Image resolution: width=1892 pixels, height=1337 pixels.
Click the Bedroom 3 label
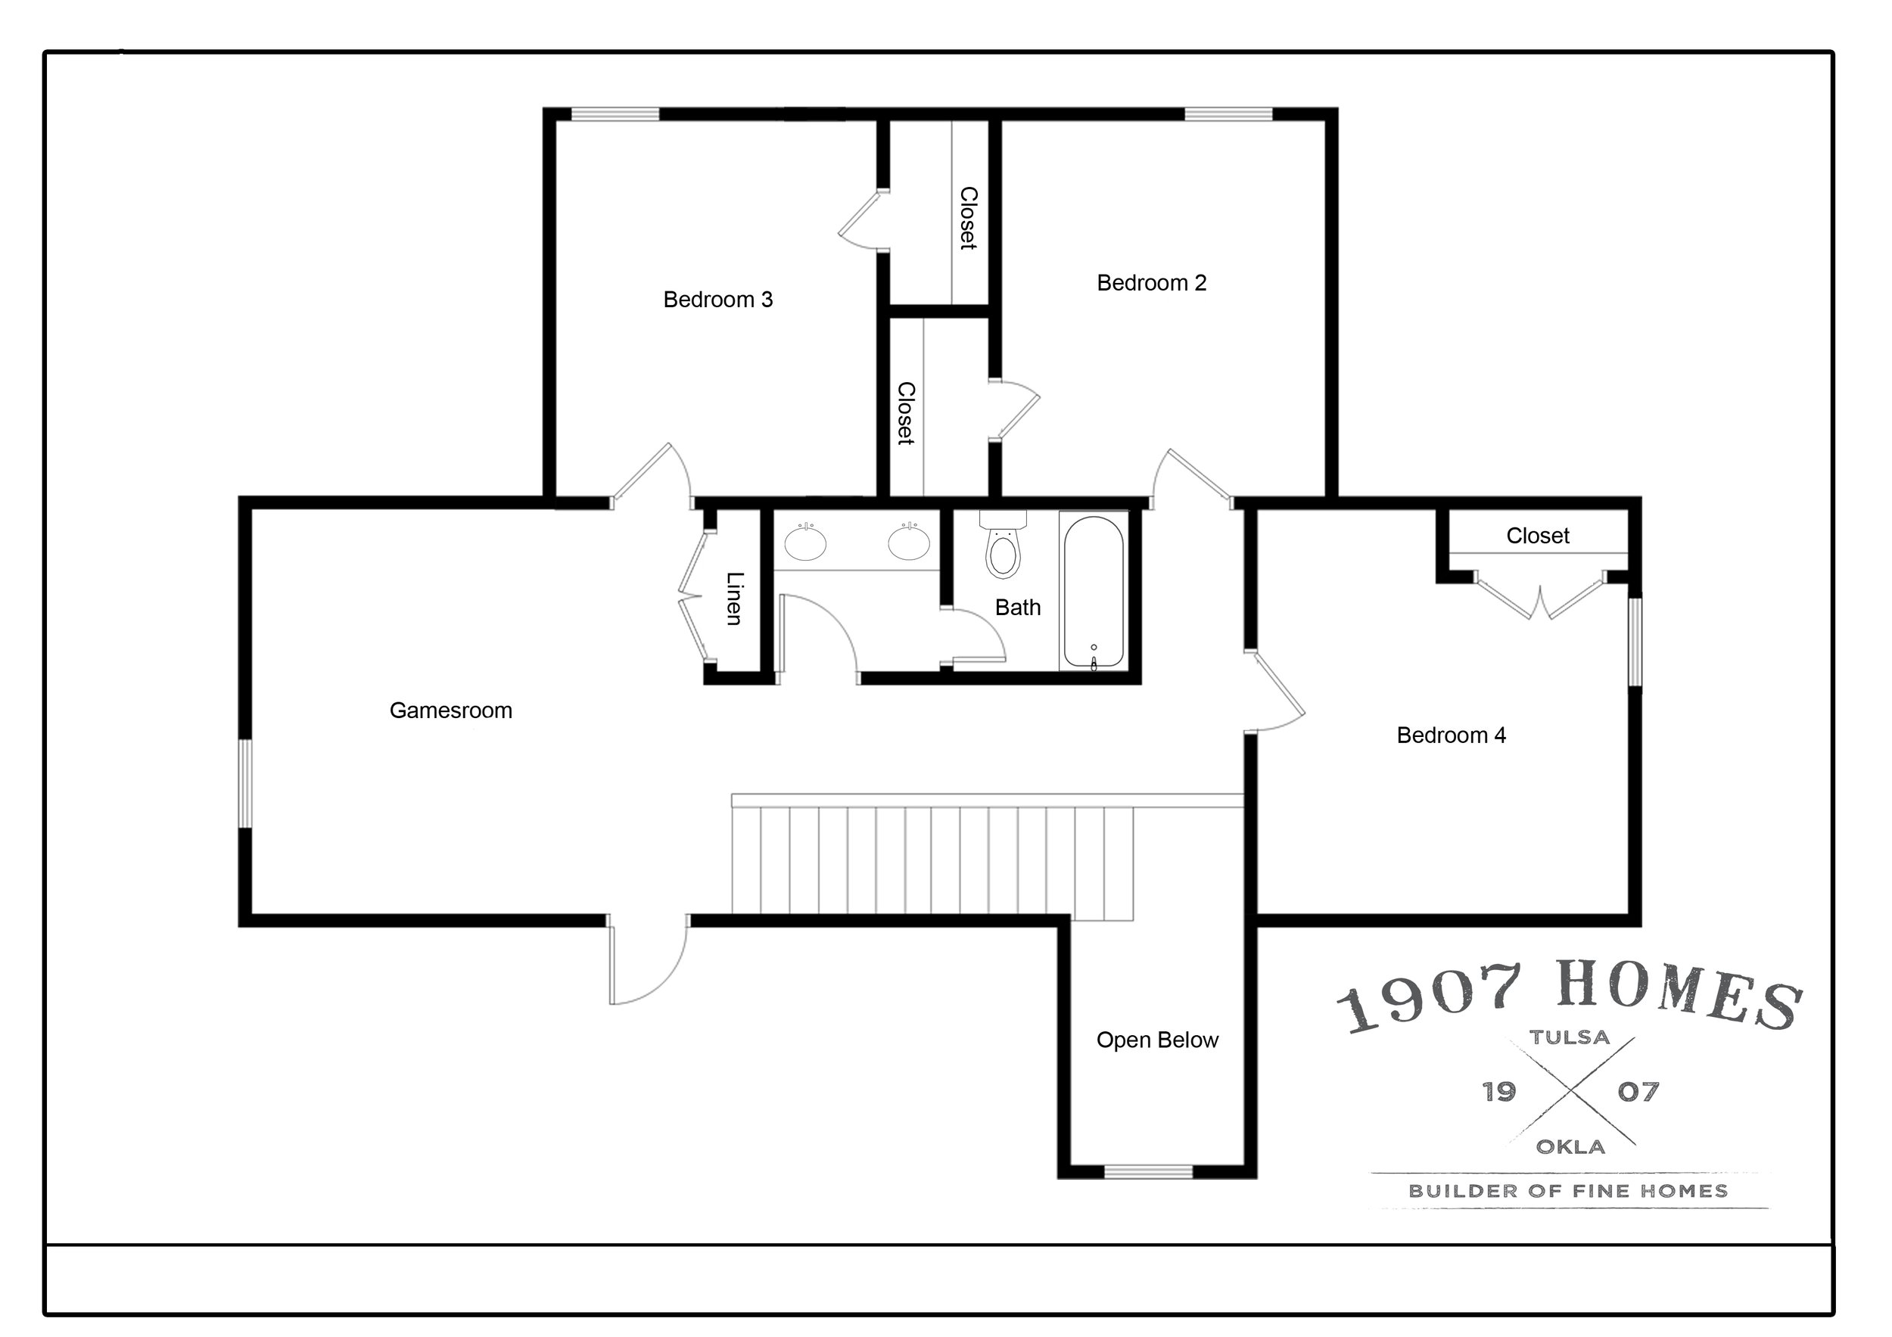pyautogui.click(x=717, y=299)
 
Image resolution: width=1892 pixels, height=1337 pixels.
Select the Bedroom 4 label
pyautogui.click(x=1451, y=735)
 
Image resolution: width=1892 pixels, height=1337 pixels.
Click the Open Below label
pyautogui.click(x=1157, y=1040)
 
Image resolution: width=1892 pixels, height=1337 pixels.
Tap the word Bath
pyautogui.click(x=1018, y=607)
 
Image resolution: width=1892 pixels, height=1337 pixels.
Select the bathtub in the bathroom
pyautogui.click(x=1093, y=592)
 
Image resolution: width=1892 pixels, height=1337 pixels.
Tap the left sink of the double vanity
pyautogui.click(x=805, y=542)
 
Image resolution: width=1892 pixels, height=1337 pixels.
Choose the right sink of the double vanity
pyautogui.click(x=909, y=542)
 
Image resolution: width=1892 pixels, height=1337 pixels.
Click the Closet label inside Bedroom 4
pyautogui.click(x=1538, y=536)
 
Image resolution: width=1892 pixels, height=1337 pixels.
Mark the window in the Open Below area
pyautogui.click(x=1149, y=1171)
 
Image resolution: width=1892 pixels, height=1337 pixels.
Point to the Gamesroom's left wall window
pyautogui.click(x=244, y=783)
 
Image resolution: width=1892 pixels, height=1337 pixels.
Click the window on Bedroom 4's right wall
pyautogui.click(x=1635, y=642)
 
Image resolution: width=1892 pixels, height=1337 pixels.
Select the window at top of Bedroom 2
pyautogui.click(x=1228, y=113)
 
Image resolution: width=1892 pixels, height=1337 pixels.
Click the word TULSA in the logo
pyautogui.click(x=1570, y=1037)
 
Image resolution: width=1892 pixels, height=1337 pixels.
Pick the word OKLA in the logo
pyautogui.click(x=1570, y=1147)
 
